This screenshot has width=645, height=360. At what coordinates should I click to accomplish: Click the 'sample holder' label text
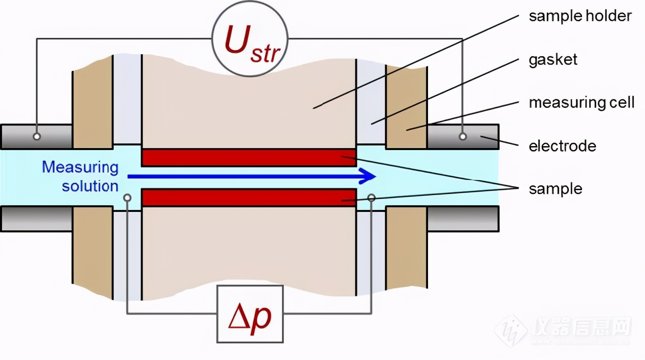580,16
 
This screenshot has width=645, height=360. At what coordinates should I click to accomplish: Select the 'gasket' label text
553,60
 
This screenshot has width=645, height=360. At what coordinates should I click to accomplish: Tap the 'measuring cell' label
582,103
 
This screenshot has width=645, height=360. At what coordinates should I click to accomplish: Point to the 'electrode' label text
562,146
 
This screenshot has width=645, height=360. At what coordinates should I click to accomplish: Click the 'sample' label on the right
555,189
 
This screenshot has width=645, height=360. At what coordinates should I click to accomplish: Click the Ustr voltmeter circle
250,39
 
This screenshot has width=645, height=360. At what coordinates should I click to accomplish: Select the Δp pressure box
250,314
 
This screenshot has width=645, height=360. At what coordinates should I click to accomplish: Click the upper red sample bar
249,157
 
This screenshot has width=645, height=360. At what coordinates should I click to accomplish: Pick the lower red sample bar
249,197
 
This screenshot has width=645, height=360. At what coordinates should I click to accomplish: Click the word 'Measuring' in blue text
80,168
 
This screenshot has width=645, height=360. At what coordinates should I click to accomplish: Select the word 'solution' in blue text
90,186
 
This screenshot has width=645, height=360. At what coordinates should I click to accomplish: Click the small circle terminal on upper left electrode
37,136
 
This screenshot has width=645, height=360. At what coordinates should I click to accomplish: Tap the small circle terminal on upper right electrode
462,136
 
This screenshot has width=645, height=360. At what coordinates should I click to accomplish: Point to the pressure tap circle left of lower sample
127,198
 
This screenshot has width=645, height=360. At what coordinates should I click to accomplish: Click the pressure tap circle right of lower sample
371,198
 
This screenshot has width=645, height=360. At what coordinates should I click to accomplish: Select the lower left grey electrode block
36,219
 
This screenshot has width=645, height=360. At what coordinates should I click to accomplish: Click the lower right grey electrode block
463,219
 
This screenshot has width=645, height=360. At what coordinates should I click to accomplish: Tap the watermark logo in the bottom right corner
563,330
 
